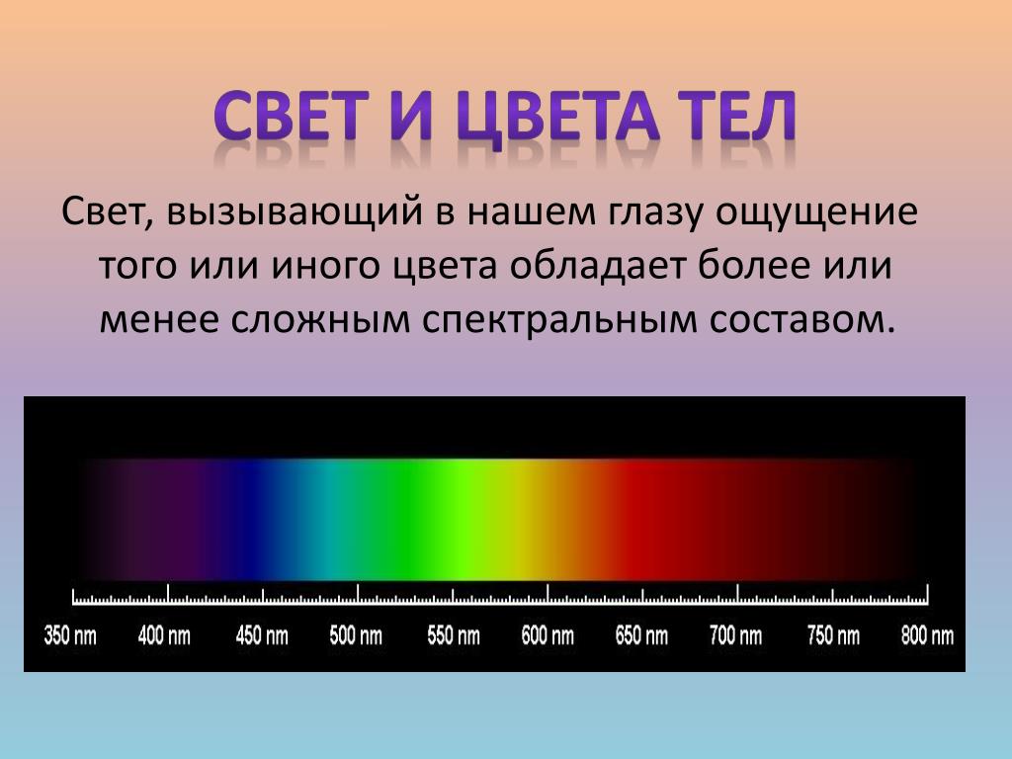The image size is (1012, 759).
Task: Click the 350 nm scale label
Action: (70, 635)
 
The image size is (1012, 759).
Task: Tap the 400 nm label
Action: (165, 635)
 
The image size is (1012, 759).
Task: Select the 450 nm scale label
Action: (262, 635)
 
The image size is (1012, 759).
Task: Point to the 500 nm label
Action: (356, 635)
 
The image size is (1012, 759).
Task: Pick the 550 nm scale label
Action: (454, 635)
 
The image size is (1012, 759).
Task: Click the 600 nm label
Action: (548, 635)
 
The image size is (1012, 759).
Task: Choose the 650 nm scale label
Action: (641, 635)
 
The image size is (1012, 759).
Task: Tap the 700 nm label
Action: (735, 635)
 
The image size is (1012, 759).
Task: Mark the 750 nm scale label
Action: (833, 635)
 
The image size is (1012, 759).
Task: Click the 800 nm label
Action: (927, 635)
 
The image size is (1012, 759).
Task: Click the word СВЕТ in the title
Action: (292, 116)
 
